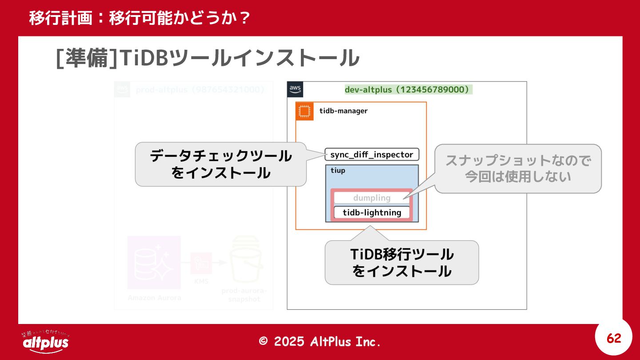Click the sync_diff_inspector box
(372, 155)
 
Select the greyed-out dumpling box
(372, 198)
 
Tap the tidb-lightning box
(372, 212)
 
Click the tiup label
(338, 171)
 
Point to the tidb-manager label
(343, 111)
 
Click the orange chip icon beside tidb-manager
(304, 111)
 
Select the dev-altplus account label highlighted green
(408, 90)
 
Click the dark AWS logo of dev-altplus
(295, 89)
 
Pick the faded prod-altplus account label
(200, 90)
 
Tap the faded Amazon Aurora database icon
(154, 262)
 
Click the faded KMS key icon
(201, 263)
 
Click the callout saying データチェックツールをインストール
(220, 164)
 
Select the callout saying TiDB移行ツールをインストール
(402, 263)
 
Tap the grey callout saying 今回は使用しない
(518, 168)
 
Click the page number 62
(614, 339)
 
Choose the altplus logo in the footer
(45, 342)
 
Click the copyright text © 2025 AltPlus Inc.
(320, 341)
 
